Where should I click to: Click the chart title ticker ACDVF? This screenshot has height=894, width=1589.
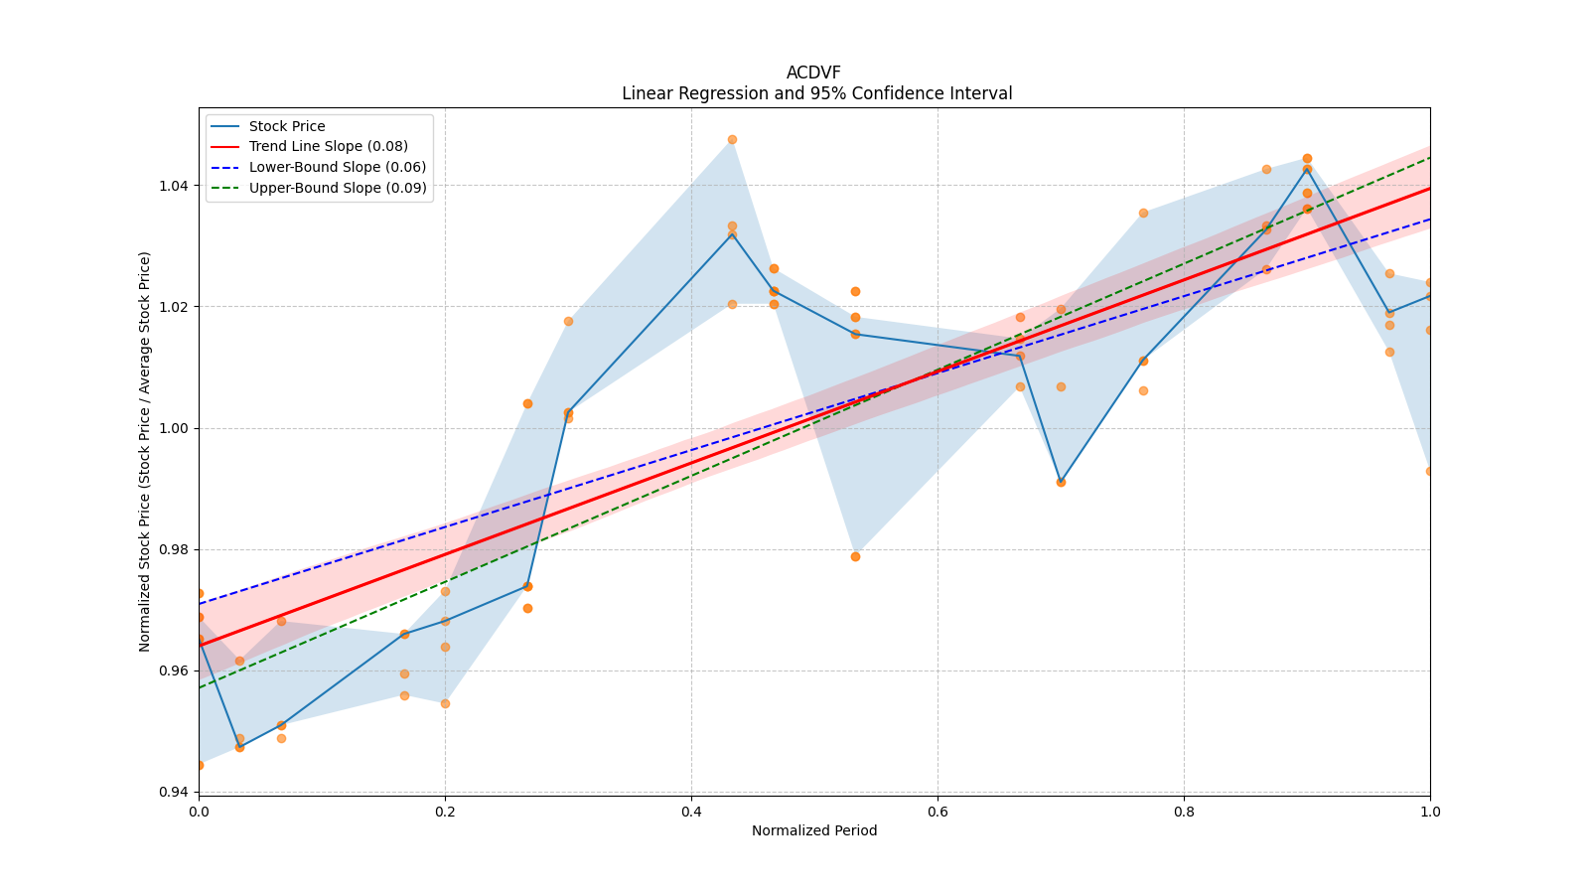[813, 73]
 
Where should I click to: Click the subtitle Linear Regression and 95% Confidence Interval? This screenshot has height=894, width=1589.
[816, 93]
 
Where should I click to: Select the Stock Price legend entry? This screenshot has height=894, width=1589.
[287, 126]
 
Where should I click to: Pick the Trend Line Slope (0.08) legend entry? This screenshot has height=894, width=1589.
[328, 147]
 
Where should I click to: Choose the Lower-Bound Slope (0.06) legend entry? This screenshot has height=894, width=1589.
[337, 167]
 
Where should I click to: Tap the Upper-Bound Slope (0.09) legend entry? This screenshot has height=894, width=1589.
[337, 188]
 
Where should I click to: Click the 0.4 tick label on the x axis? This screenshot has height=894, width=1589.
[691, 812]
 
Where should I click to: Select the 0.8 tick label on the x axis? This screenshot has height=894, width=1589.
[1184, 812]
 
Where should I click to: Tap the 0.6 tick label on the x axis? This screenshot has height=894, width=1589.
[938, 812]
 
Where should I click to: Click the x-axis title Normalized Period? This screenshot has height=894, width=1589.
[814, 830]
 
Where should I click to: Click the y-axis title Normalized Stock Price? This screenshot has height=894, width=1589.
[145, 451]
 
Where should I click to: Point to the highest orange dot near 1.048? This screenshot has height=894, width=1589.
[732, 139]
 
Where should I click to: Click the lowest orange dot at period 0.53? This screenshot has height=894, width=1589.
[855, 556]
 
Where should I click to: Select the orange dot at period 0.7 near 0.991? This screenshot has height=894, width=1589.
[1061, 482]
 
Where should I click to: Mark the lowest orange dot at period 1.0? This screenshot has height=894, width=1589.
[1429, 471]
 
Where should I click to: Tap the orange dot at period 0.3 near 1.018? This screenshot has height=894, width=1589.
[568, 321]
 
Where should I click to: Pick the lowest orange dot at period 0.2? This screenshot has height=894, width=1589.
[445, 703]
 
